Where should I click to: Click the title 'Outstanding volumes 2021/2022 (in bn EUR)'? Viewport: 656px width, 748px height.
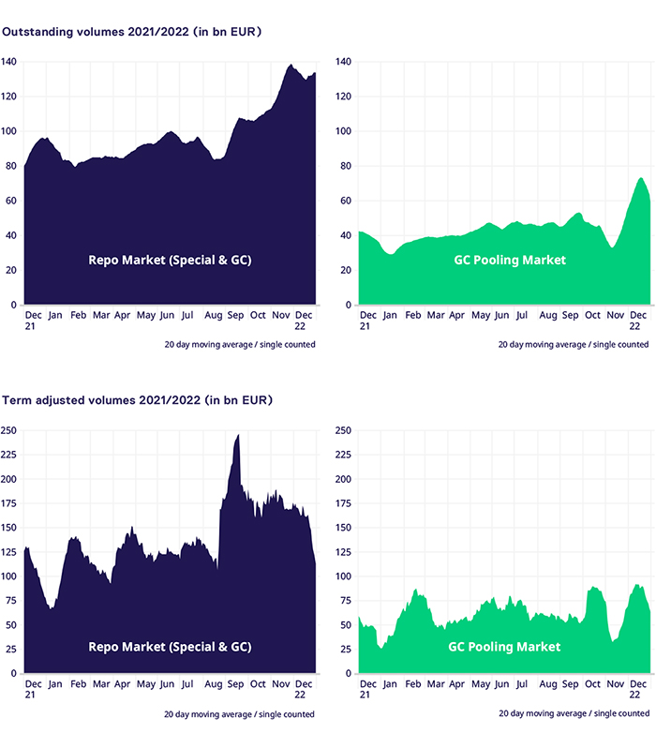click(x=131, y=31)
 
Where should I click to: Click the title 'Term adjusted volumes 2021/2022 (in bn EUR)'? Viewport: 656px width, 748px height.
click(x=137, y=400)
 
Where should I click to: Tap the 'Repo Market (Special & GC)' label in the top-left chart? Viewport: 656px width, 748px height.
click(x=171, y=260)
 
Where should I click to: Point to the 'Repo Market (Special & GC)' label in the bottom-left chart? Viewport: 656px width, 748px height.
click(x=171, y=647)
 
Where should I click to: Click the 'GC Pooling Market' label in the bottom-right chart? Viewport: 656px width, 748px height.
click(x=505, y=647)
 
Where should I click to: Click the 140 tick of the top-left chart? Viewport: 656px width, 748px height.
click(x=9, y=62)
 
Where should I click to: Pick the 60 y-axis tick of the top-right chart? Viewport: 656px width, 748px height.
click(x=344, y=201)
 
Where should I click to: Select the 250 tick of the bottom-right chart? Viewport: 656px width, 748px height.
click(x=343, y=430)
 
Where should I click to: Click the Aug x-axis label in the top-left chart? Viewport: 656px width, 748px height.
click(x=215, y=316)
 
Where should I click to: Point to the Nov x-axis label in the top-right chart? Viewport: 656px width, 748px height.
click(x=616, y=316)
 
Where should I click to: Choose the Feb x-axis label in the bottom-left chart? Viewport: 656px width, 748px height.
click(x=78, y=684)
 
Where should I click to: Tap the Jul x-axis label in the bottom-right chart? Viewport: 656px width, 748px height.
click(x=521, y=684)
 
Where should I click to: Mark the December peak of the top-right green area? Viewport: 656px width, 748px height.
click(x=641, y=178)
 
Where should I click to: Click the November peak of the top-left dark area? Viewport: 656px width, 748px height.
click(x=291, y=65)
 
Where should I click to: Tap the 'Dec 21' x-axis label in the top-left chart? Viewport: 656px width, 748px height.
click(x=33, y=322)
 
